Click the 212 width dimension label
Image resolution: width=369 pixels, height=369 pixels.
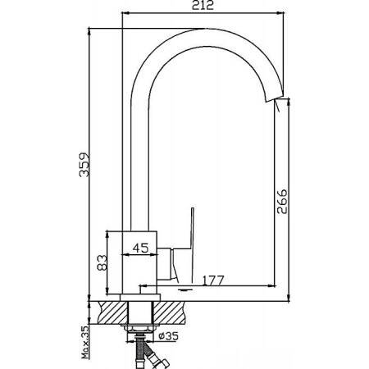(203, 5)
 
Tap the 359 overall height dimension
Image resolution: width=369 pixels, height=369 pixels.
(84, 165)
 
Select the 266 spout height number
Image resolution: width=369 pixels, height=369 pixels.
(282, 201)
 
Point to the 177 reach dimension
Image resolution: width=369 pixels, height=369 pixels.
(213, 280)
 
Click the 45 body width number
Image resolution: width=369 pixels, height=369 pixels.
(141, 248)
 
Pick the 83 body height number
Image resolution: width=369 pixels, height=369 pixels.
(102, 262)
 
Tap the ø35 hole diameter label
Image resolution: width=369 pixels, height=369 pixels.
(169, 335)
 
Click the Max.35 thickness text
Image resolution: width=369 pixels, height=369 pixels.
(85, 342)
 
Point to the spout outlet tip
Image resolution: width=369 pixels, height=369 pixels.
(274, 100)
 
